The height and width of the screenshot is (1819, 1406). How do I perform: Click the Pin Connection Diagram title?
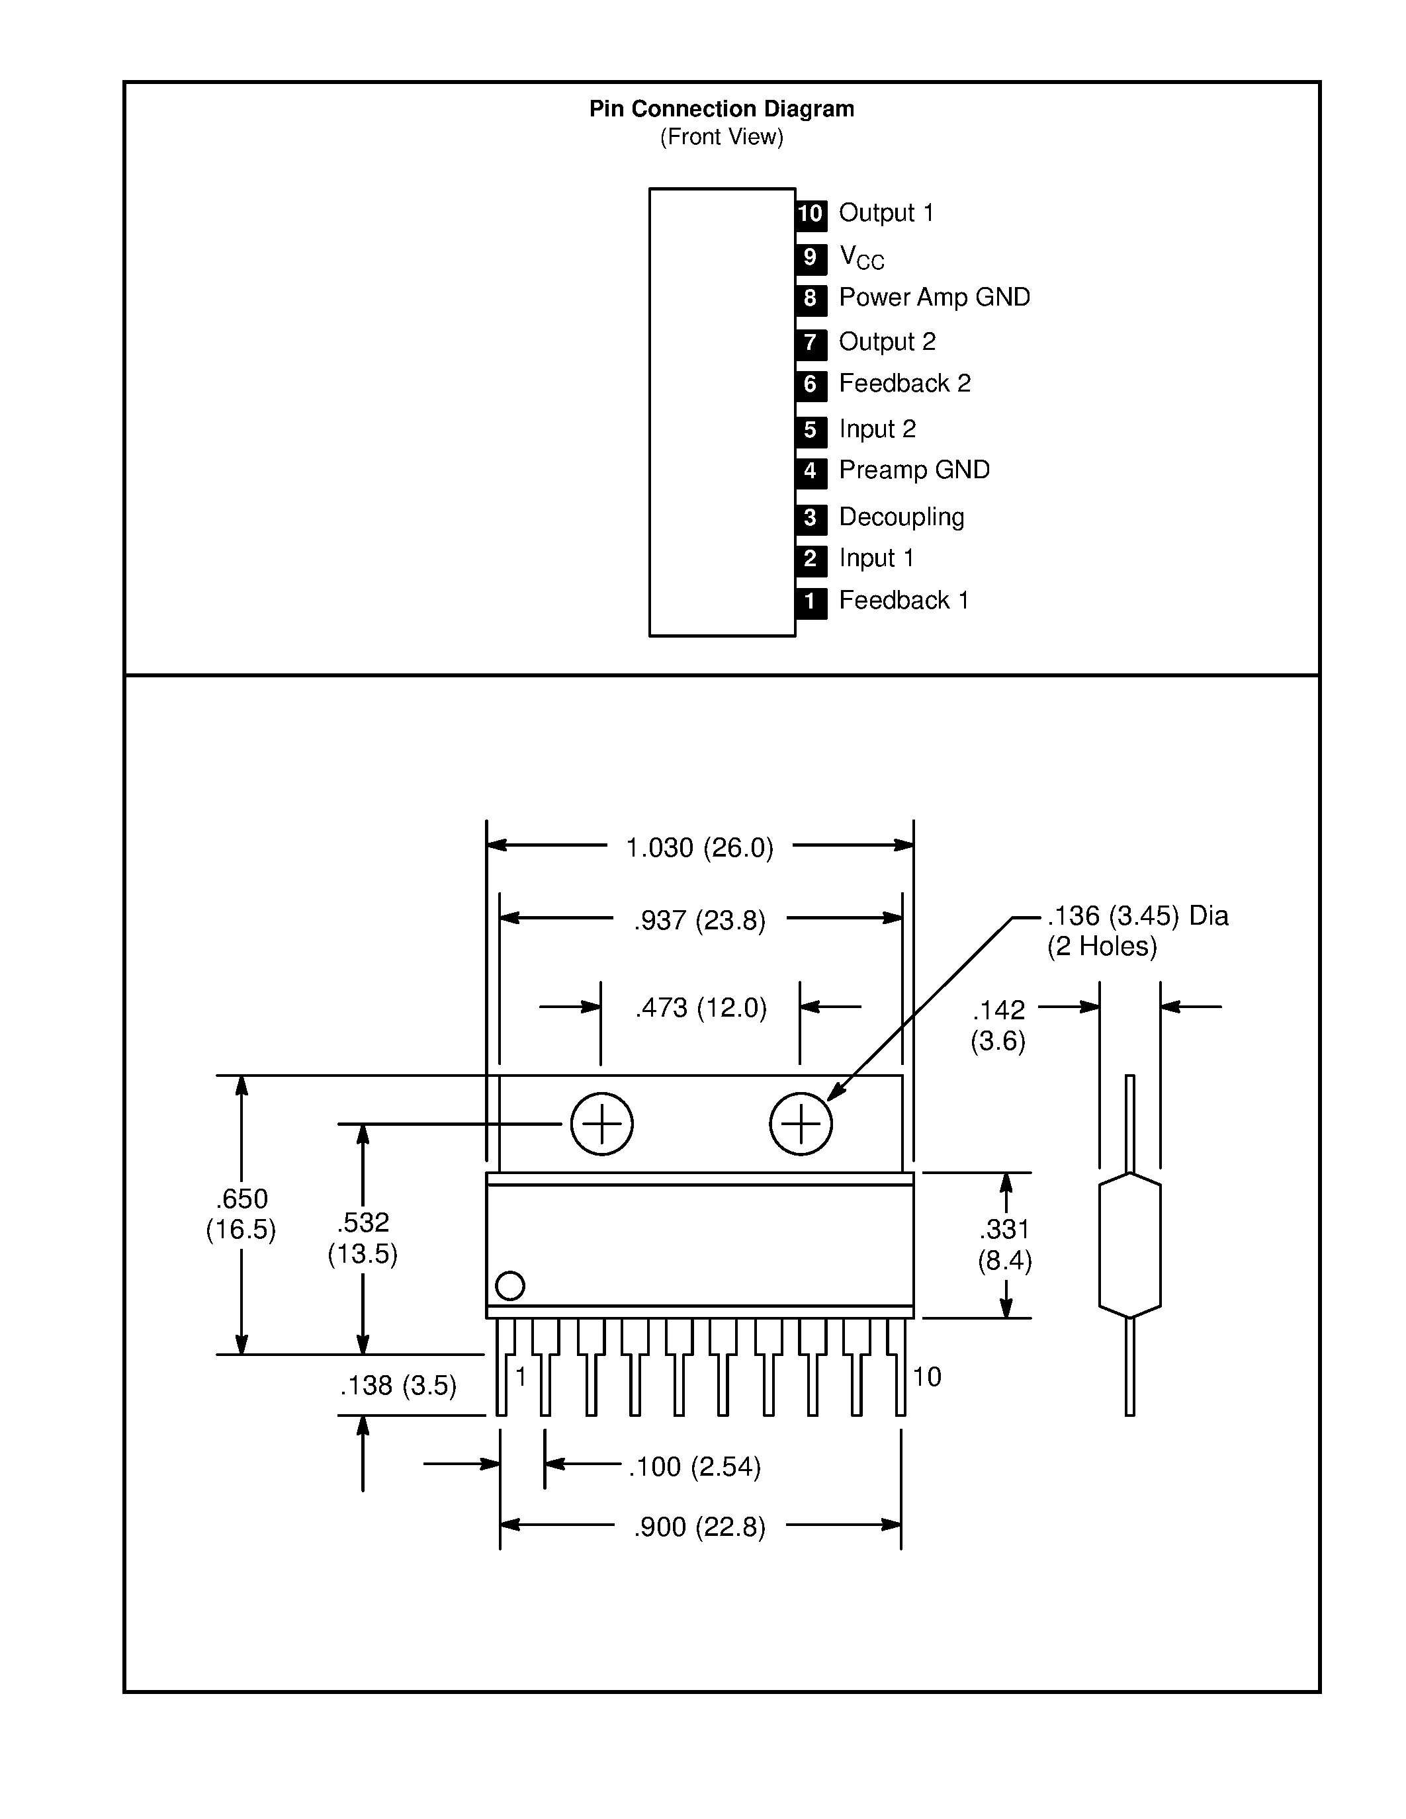(721, 109)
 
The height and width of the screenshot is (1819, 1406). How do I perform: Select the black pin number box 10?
(811, 214)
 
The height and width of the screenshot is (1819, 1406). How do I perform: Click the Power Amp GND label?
(934, 298)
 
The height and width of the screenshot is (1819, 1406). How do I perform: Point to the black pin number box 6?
(811, 385)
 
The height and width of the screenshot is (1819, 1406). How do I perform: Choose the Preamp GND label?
(914, 470)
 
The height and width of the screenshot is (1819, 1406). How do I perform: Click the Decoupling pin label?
(901, 517)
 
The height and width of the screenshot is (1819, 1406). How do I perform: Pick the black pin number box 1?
(811, 601)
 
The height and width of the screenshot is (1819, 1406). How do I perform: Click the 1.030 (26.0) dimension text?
(699, 848)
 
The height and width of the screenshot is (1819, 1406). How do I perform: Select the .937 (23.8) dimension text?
(699, 920)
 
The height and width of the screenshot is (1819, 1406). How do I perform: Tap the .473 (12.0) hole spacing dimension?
(701, 1008)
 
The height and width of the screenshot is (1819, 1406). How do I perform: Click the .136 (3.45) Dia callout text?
(1137, 916)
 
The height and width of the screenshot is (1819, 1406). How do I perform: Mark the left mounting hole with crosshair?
(601, 1124)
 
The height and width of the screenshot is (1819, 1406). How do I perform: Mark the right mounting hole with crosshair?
(801, 1124)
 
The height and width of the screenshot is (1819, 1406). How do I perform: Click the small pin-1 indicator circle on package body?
(509, 1285)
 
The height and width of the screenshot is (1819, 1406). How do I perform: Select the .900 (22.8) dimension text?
(699, 1527)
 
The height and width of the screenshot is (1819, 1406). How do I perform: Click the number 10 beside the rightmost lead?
(926, 1376)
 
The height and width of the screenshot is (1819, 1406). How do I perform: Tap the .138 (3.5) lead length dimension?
(398, 1385)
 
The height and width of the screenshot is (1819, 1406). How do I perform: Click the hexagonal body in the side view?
(1129, 1245)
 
